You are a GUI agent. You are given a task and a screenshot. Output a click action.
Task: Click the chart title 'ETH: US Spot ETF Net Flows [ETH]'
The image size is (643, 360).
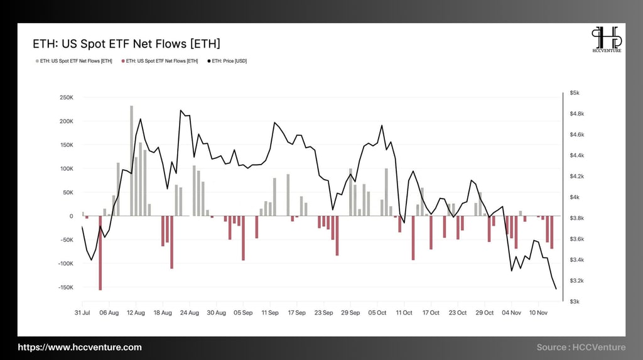coord(126,44)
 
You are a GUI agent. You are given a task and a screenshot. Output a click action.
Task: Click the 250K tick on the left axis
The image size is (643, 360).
coord(66,97)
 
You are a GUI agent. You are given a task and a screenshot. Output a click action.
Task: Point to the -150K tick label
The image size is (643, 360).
coord(65,287)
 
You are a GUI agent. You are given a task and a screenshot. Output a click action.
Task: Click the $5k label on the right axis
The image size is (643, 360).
coord(574,93)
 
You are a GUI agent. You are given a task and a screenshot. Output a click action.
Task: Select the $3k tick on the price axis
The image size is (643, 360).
coord(574,302)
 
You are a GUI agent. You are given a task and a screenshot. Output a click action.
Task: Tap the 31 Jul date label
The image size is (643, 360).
coord(82,312)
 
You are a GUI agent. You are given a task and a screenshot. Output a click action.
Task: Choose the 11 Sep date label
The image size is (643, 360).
coord(271,312)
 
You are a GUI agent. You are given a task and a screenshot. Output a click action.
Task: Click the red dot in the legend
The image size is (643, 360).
coord(123,61)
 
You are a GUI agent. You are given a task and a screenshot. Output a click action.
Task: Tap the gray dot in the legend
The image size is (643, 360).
coord(37,61)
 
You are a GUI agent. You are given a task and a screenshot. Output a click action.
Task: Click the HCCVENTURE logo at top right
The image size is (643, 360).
coord(606,40)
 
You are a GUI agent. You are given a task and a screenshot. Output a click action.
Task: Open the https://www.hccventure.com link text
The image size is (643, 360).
coord(79,347)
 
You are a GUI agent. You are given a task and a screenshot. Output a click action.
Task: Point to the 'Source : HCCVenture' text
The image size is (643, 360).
coord(581,347)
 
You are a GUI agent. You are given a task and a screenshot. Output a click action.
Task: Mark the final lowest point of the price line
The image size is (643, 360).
coord(556,289)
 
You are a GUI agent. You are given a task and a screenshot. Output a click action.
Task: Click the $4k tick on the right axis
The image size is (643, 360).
coord(574,197)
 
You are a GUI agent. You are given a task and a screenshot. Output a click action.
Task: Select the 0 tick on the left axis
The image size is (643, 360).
coord(71,216)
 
